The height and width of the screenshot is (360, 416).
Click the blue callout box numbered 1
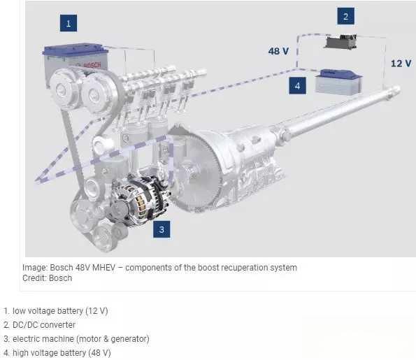click(69, 23)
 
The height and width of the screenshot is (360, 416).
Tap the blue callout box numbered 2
click(345, 16)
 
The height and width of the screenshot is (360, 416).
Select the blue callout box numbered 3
click(162, 229)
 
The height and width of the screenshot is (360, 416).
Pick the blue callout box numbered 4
click(297, 86)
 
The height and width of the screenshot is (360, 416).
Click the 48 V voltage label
click(278, 51)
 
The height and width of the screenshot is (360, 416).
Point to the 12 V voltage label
click(401, 64)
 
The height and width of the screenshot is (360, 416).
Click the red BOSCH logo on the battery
click(92, 65)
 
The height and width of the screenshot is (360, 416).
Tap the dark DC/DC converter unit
click(340, 42)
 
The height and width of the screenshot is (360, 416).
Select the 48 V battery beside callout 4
click(338, 82)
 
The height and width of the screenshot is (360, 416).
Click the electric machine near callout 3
click(140, 199)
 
